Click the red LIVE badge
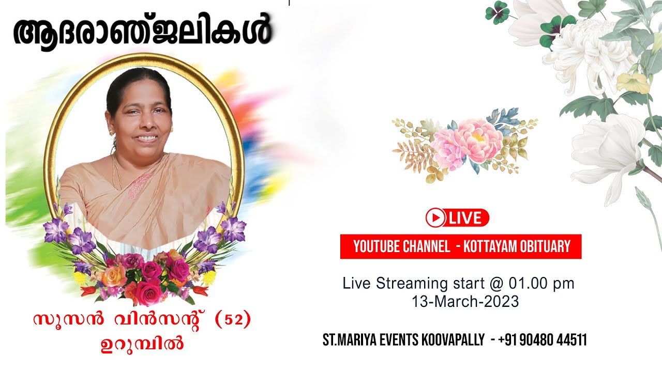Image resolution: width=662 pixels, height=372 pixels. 457,218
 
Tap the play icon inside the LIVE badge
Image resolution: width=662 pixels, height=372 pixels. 436,218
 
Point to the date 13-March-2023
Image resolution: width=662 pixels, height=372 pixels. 465,302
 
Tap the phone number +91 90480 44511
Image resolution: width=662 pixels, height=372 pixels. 543,340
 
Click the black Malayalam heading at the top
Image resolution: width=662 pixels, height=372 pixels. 142,32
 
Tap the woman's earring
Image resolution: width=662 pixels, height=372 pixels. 111,132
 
